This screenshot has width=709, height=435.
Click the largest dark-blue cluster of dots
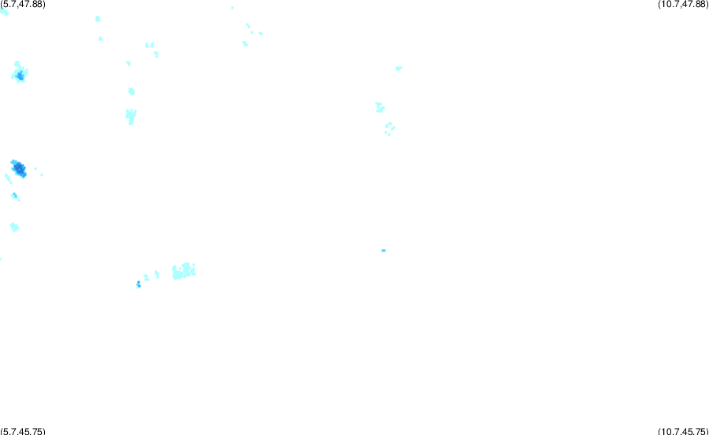(x=19, y=169)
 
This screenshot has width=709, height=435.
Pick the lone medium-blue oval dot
(x=384, y=251)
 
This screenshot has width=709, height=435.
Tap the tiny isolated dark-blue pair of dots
(x=139, y=284)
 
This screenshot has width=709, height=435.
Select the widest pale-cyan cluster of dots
(x=184, y=271)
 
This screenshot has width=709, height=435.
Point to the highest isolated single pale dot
(x=232, y=8)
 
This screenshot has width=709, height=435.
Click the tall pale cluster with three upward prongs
(x=131, y=116)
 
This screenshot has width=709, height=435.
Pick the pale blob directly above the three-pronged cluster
(x=131, y=91)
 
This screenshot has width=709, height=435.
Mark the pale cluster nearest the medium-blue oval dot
(x=389, y=128)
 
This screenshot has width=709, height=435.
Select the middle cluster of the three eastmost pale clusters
(x=380, y=107)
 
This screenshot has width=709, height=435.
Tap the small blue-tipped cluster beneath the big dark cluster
(x=15, y=196)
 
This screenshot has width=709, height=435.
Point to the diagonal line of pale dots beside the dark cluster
(x=8, y=179)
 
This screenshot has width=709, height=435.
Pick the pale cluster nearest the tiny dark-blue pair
(x=146, y=277)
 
